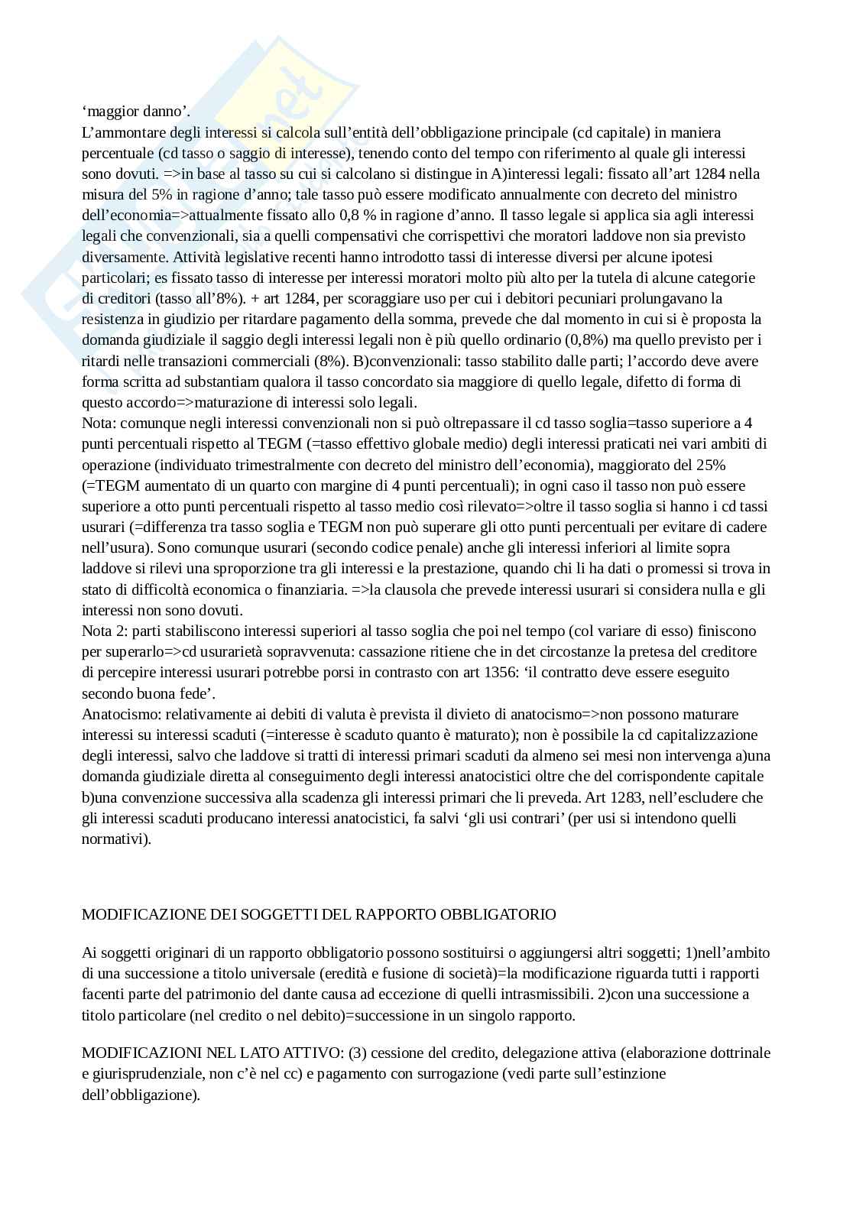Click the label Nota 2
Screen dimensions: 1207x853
point(102,631)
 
